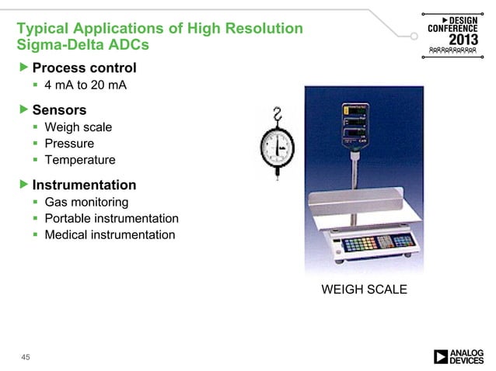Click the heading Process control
click(84, 68)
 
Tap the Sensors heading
click(59, 109)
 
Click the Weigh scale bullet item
click(79, 127)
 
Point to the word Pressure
click(69, 144)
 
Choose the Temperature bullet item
click(80, 160)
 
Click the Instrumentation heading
click(84, 185)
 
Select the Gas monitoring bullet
click(86, 203)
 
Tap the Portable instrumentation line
click(111, 219)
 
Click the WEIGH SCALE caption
click(364, 290)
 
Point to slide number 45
click(26, 356)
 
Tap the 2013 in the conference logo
click(462, 39)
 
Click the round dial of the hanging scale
click(278, 148)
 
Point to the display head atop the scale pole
click(354, 124)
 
